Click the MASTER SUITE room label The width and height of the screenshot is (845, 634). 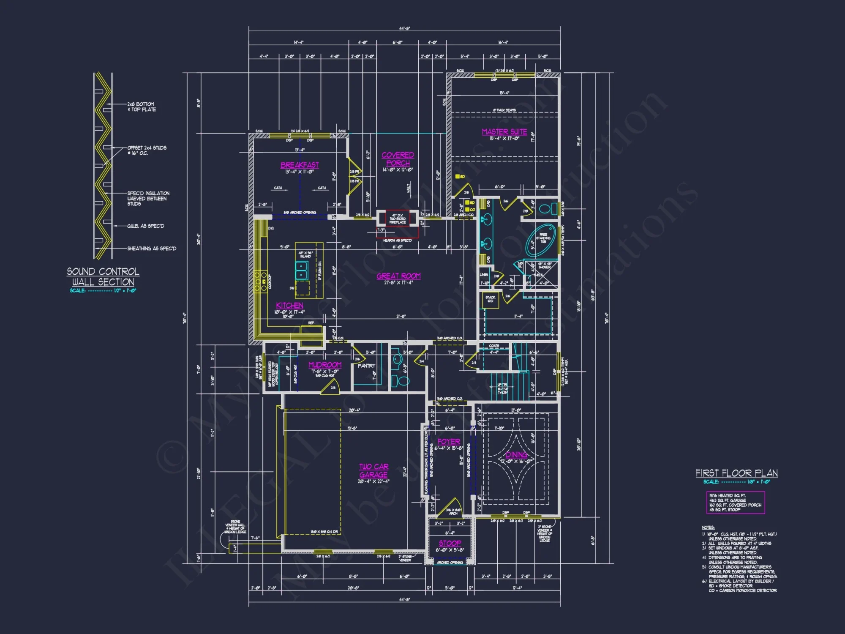coord(504,132)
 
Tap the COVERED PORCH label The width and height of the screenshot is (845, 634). coord(398,159)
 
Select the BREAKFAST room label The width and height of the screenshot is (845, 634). coord(300,165)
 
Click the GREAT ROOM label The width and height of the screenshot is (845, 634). coord(398,276)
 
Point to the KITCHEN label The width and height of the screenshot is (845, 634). coord(289,305)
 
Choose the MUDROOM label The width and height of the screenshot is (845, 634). coord(324,365)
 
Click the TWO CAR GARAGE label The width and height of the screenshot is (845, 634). coord(373,470)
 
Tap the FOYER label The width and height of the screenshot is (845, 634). coord(449,442)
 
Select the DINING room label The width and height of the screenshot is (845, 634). coord(516,455)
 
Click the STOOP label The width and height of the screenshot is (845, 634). coord(450,543)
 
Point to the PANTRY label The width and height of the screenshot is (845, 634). coord(366,366)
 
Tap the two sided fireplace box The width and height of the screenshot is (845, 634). coord(397,219)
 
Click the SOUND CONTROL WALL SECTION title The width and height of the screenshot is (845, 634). coord(103,277)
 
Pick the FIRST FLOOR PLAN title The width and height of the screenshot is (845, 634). coord(736,473)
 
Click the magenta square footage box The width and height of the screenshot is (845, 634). coord(735,503)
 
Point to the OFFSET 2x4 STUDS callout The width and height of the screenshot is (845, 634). coord(147,150)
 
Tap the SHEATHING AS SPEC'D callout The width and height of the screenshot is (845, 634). coord(152,249)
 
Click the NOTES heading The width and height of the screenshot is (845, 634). coord(708,527)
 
